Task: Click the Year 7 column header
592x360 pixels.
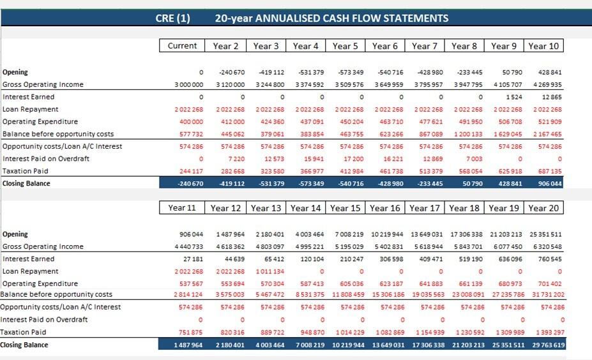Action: pyautogui.click(x=425, y=46)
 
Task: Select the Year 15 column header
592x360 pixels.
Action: pyautogui.click(x=345, y=208)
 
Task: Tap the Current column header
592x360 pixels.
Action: pyautogui.click(x=182, y=46)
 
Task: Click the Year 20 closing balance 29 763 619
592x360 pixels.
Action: pyautogui.click(x=548, y=345)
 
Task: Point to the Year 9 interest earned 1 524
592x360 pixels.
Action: pyautogui.click(x=514, y=97)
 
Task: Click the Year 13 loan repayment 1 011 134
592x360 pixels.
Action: pyautogui.click(x=270, y=271)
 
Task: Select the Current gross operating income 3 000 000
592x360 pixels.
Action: pyautogui.click(x=189, y=84)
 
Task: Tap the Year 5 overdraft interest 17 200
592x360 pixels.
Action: pyautogui.click(x=353, y=159)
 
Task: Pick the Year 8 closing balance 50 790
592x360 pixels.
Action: pyautogui.click(x=469, y=184)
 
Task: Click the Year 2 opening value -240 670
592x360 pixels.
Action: pyautogui.click(x=232, y=72)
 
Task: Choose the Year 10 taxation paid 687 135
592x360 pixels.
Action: pyautogui.click(x=550, y=171)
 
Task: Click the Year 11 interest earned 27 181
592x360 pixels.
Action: pyautogui.click(x=193, y=259)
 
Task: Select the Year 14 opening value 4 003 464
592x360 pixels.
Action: pyautogui.click(x=310, y=234)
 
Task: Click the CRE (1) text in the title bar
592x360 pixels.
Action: pyautogui.click(x=172, y=18)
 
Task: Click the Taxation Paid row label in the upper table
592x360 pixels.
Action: pyautogui.click(x=26, y=171)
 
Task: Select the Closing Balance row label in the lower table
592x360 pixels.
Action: pyautogui.click(x=24, y=345)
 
